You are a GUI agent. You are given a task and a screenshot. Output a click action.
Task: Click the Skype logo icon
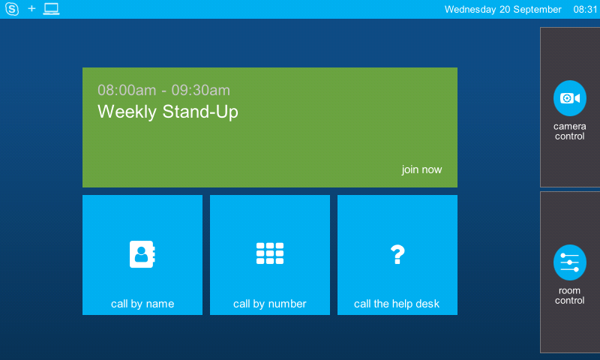pos(12,9)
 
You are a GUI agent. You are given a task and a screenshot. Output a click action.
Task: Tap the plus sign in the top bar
pos(31,8)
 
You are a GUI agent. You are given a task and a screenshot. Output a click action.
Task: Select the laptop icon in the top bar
pos(51,9)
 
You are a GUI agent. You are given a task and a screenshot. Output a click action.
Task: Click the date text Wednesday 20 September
pos(502,10)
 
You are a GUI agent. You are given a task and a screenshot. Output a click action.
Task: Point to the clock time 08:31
pos(585,10)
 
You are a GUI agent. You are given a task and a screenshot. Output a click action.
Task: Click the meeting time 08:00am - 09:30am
pos(163,90)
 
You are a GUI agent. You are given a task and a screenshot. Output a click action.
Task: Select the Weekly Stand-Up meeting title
pos(168,112)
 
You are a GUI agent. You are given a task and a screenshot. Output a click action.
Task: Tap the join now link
pos(421,169)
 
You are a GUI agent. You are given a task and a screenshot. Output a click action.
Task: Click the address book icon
pos(142,254)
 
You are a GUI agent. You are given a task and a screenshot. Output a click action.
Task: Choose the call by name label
pos(142,304)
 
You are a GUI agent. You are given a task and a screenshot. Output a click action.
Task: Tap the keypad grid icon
pos(270,253)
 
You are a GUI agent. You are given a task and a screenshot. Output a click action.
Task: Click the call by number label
pos(270,304)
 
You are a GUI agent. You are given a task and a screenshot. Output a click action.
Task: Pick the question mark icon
pos(397,254)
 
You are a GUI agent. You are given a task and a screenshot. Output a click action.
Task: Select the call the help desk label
pos(397,304)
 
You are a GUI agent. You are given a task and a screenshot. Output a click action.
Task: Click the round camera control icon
pos(570,98)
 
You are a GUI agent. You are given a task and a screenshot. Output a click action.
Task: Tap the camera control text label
pos(570,131)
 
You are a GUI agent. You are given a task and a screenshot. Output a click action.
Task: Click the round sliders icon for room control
pos(570,262)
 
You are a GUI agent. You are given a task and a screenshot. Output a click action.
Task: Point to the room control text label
pos(570,295)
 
